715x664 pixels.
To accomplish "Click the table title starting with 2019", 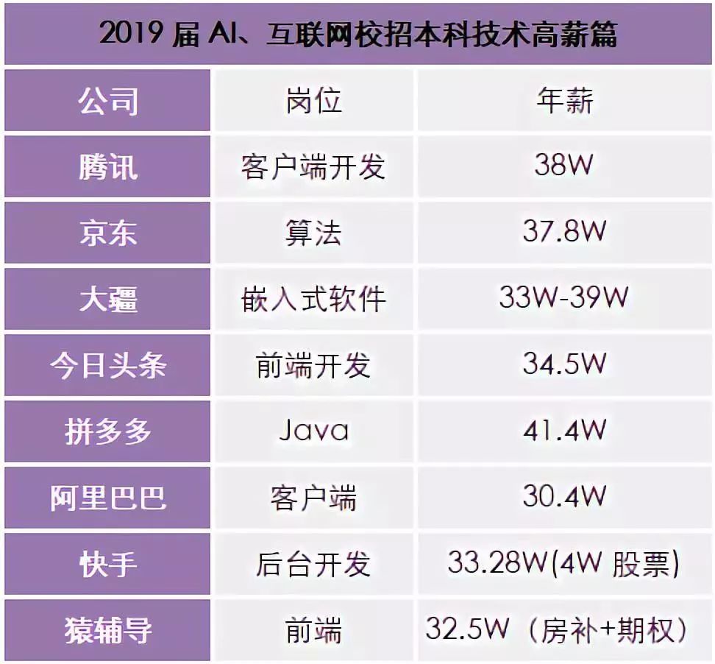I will tap(358, 34).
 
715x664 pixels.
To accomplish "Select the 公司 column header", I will tap(108, 101).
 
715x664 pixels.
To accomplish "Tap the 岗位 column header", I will tap(313, 101).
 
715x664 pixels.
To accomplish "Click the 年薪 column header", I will tap(564, 101).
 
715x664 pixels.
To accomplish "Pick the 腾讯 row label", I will tap(108, 167).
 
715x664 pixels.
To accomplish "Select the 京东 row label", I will tap(108, 233).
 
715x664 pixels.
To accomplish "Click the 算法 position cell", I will tap(313, 233).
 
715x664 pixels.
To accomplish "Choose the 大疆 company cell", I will tap(108, 300).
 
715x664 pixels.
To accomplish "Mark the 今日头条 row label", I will tap(108, 366).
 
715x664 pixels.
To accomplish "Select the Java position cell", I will tap(313, 431).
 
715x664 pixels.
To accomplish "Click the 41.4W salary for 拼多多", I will tap(564, 430).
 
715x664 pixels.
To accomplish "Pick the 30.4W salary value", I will tap(564, 496).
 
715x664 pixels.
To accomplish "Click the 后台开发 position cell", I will tap(313, 565).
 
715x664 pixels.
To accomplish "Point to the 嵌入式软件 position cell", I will tap(313, 300).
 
